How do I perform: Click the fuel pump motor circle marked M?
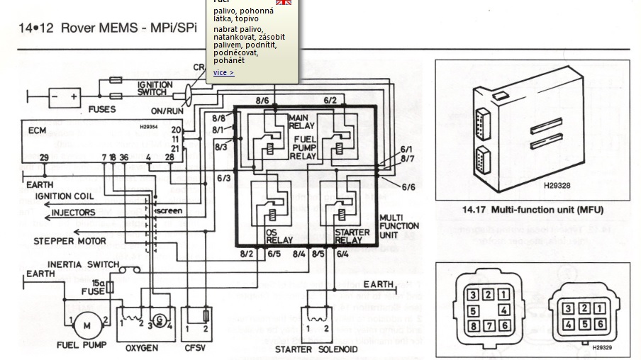point(87,325)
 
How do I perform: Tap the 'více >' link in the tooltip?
point(223,73)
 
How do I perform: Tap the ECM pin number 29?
point(44,157)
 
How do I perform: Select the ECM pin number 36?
point(124,157)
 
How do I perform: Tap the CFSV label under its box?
point(196,347)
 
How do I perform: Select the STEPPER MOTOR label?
point(69,241)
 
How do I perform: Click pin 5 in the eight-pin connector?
point(474,311)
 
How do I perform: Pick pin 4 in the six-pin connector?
point(567,324)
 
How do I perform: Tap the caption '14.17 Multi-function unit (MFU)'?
point(532,210)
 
